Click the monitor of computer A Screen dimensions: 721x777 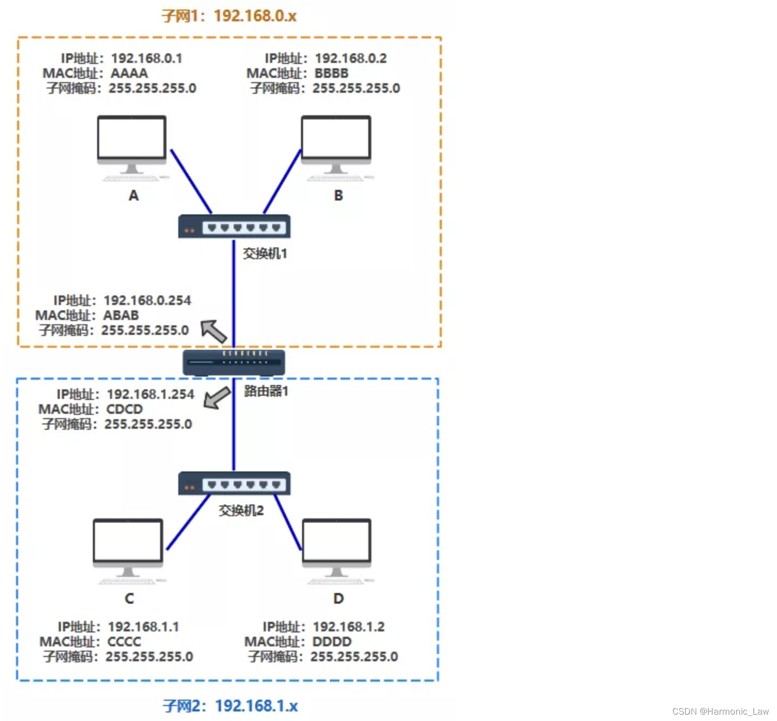point(132,138)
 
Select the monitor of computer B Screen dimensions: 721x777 point(336,138)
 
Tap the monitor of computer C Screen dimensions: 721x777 point(128,541)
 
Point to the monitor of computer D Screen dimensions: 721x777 point(336,541)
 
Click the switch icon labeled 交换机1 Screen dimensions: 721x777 point(234,227)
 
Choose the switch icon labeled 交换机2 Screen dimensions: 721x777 point(234,484)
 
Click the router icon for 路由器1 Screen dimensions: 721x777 point(234,362)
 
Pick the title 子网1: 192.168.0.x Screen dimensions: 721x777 point(229,16)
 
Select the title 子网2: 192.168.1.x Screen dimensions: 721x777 point(230,706)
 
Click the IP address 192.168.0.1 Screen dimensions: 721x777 point(147,58)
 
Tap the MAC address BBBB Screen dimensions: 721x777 point(331,73)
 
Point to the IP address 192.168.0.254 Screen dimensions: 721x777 point(147,300)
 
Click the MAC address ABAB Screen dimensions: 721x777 point(121,315)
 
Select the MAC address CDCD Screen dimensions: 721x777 point(125,409)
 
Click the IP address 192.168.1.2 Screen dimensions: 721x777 point(348,627)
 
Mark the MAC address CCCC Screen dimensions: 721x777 point(124,642)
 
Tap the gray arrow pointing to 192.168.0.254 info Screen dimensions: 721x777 point(214,331)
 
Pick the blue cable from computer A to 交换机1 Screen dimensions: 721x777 point(191,181)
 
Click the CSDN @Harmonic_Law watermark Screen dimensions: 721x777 point(720,711)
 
